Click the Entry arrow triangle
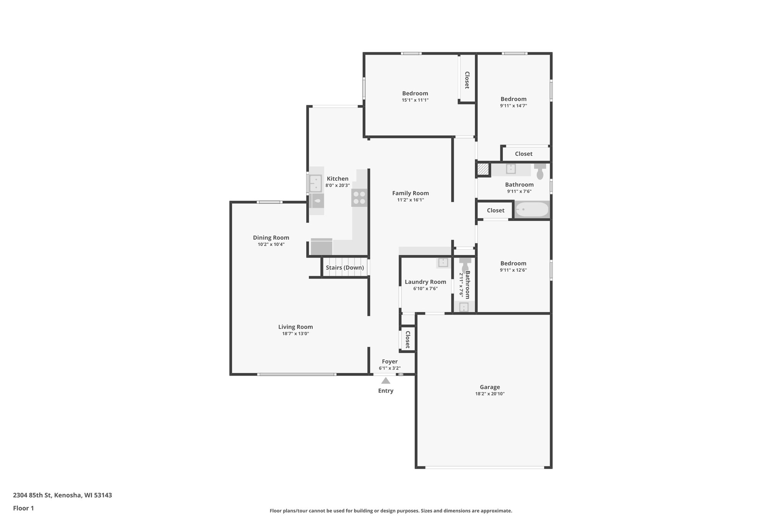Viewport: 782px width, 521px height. (386, 381)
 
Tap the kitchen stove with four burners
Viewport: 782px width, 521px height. (359, 198)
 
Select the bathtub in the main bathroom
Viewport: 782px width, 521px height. (532, 210)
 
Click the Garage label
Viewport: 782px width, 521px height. (490, 387)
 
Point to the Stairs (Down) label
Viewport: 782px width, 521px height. (345, 268)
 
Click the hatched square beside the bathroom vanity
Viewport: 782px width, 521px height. (483, 169)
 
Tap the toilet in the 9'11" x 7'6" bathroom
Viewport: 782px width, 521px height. (540, 172)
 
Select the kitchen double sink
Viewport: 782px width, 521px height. (315, 183)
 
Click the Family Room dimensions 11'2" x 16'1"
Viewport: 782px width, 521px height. (410, 200)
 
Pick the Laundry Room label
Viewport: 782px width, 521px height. (425, 282)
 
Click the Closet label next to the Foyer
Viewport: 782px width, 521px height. (407, 339)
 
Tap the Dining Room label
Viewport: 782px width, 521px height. (271, 237)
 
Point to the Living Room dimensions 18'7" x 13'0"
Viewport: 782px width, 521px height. (296, 333)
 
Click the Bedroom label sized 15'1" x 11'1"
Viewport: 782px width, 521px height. (415, 93)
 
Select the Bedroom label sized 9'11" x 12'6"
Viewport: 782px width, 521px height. (513, 263)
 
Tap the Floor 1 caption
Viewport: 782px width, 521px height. (23, 508)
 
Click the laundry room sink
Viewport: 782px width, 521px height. (443, 262)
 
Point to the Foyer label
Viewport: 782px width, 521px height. (389, 361)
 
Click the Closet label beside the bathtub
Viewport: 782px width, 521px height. (496, 210)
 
